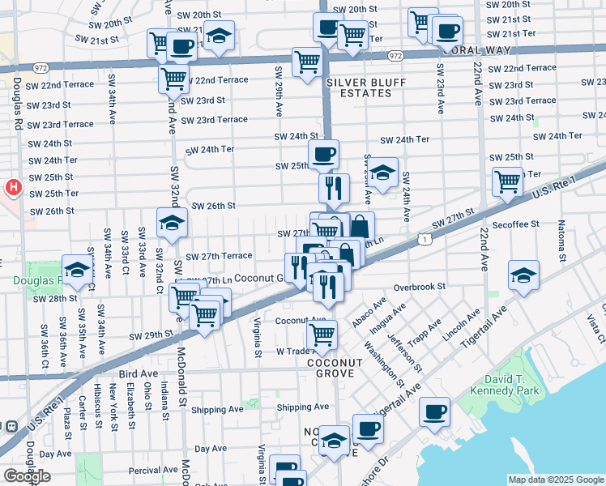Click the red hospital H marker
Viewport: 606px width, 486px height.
pos(13,188)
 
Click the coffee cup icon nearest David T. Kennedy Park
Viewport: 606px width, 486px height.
pos(435,411)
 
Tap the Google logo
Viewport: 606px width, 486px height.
pos(26,476)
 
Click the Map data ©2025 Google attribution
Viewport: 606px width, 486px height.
pos(556,480)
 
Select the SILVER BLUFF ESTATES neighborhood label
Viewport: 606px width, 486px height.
pos(359,87)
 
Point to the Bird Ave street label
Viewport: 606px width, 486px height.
pos(138,373)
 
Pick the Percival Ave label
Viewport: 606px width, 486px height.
pos(153,470)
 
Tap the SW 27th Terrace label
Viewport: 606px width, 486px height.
pos(219,256)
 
